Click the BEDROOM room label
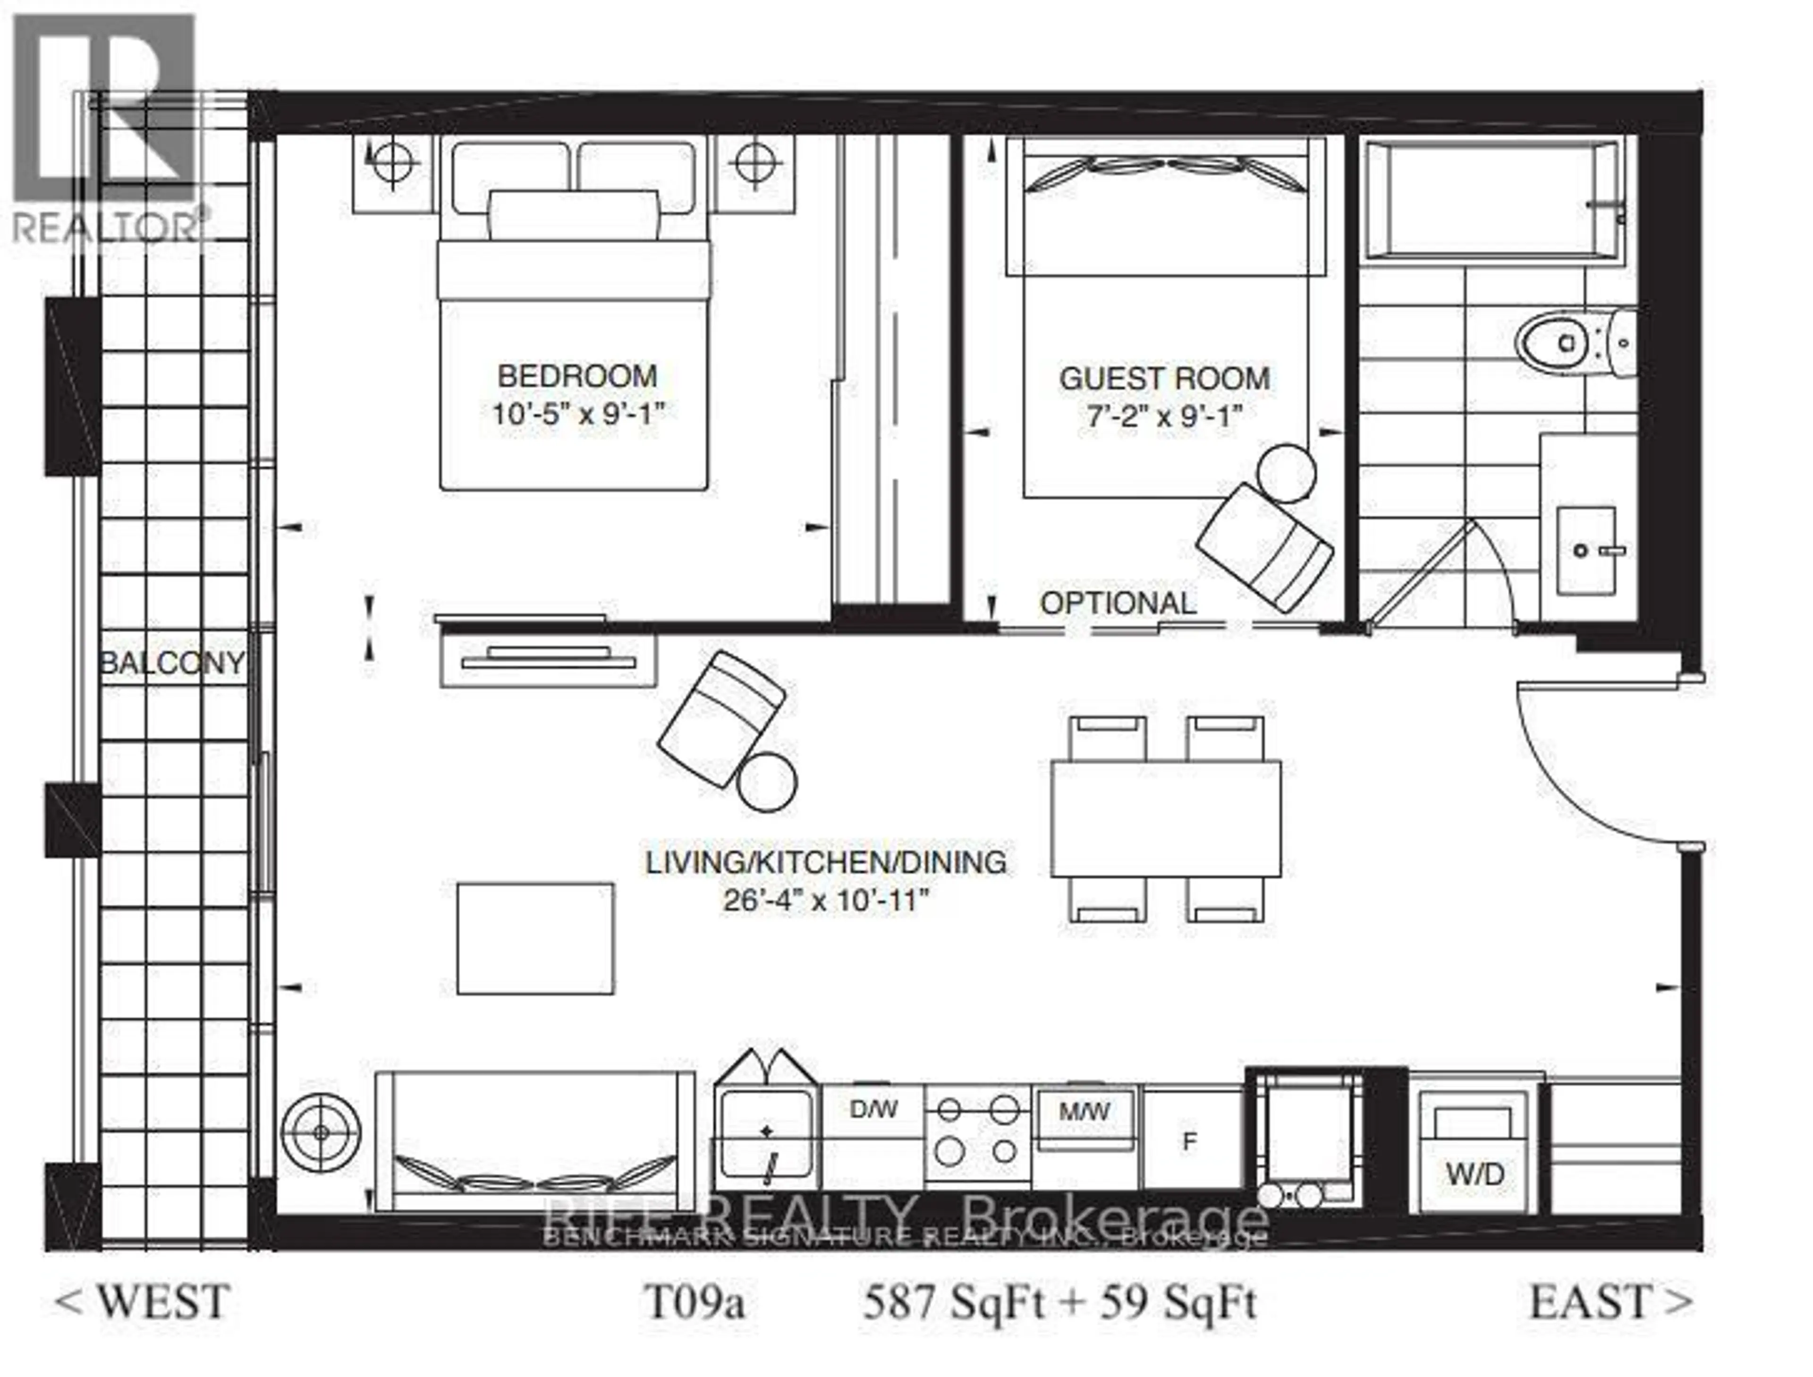pyautogui.click(x=577, y=376)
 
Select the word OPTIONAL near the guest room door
pyautogui.click(x=1118, y=603)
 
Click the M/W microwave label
pyautogui.click(x=1084, y=1112)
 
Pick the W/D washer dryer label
pyautogui.click(x=1474, y=1174)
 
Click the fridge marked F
pyautogui.click(x=1190, y=1141)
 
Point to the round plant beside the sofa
pyautogui.click(x=321, y=1133)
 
